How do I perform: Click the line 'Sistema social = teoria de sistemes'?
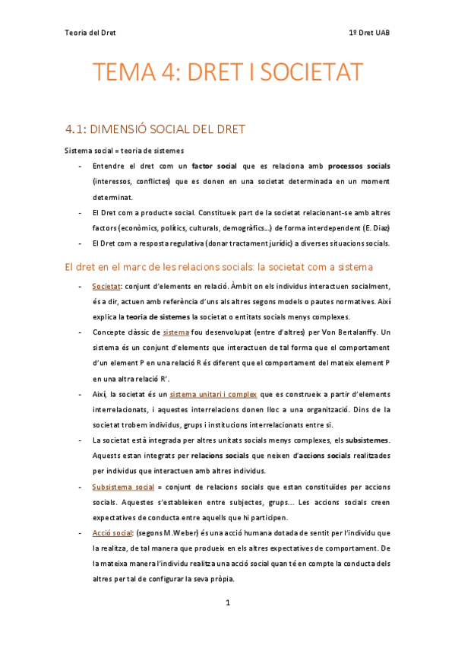[124, 150]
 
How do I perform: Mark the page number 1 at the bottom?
[227, 602]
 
